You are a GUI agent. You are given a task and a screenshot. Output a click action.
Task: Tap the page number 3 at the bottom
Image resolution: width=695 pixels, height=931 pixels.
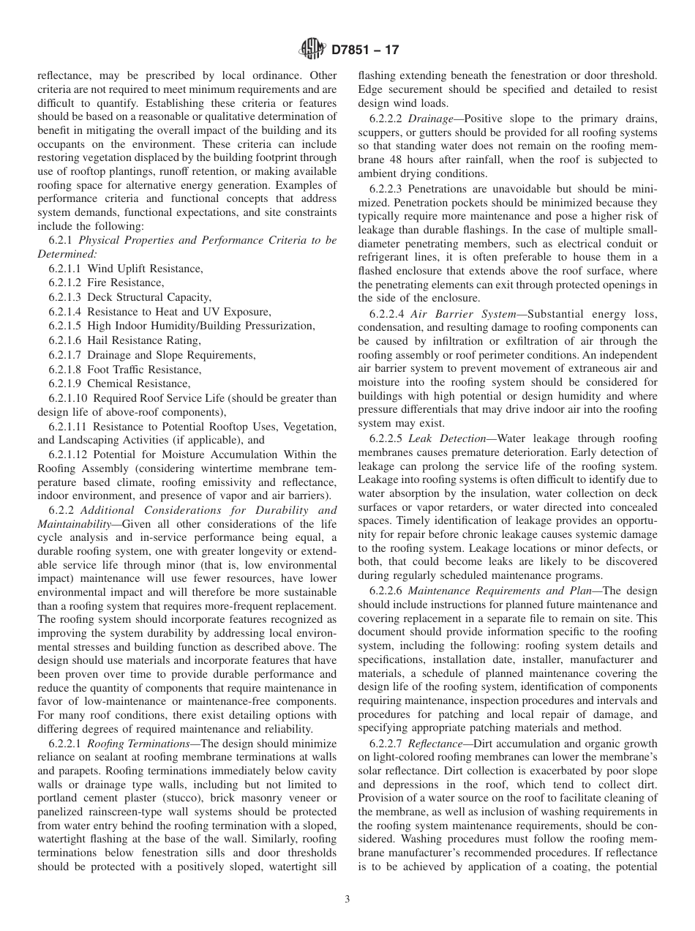pyautogui.click(x=347, y=899)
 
